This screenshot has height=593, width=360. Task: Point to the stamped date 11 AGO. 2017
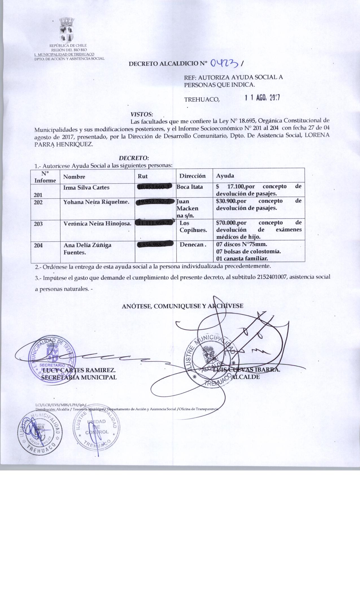click(262, 98)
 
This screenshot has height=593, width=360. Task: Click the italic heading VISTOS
click(141, 114)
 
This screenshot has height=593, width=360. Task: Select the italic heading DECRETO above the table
click(134, 158)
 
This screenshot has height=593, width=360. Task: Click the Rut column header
click(143, 176)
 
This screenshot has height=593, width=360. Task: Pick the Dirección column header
click(192, 176)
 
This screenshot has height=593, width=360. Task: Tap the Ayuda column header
click(225, 176)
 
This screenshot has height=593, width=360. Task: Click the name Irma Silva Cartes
click(86, 188)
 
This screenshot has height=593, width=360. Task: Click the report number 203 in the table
click(38, 224)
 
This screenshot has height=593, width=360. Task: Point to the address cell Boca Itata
click(189, 187)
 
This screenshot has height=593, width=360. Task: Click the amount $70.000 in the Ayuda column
click(227, 223)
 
